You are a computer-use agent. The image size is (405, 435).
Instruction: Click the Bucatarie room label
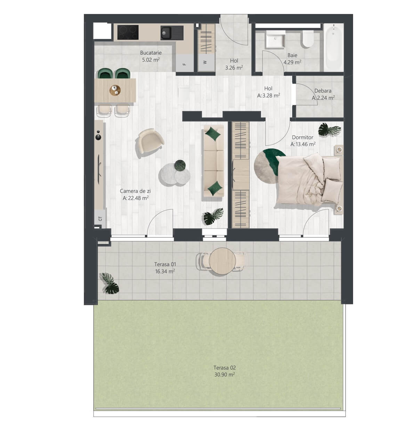151,53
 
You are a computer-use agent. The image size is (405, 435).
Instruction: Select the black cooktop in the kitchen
128,32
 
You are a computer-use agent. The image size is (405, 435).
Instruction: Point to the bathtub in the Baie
333,47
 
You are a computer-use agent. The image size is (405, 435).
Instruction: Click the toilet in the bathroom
308,39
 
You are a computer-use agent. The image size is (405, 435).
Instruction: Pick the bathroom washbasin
276,39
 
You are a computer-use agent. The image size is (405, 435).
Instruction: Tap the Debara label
323,91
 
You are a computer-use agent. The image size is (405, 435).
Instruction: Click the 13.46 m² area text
303,144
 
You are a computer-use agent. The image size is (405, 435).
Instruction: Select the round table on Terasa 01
222,261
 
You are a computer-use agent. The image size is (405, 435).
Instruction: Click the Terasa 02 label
225,367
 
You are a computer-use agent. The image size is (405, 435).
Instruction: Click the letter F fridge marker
185,64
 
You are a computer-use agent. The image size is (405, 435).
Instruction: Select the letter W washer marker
205,62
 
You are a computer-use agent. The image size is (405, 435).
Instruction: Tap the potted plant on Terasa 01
110,283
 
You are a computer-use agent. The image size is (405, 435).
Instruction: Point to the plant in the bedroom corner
329,130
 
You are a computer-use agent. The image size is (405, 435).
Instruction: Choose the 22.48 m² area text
136,198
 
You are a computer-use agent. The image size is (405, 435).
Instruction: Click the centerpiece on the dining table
115,90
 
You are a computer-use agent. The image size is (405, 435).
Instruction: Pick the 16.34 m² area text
165,271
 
